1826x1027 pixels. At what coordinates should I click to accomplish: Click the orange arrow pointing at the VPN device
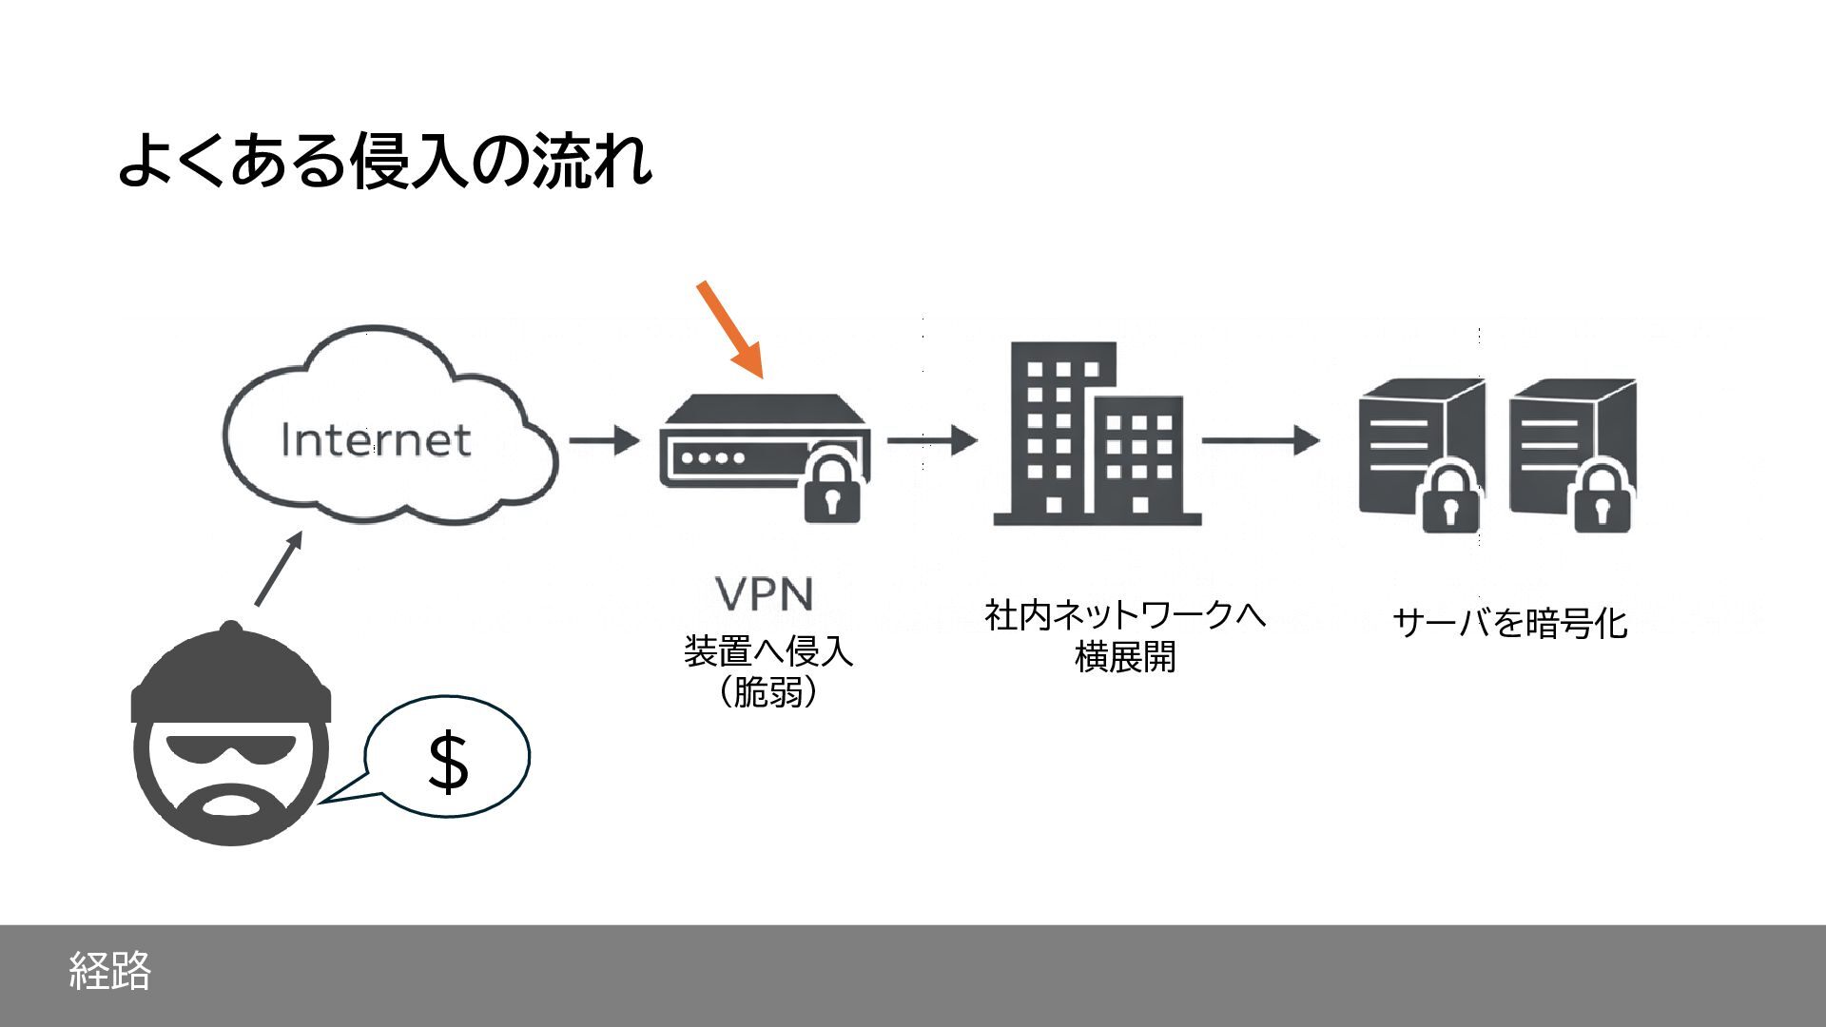(x=730, y=329)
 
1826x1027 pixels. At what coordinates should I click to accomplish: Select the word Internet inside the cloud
(x=376, y=440)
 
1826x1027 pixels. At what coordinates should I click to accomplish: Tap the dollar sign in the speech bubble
(x=448, y=761)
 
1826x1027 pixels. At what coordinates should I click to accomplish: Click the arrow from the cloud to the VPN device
(x=604, y=441)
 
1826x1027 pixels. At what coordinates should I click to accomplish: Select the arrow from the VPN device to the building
(x=931, y=440)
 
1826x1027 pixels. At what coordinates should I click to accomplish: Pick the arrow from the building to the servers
(x=1260, y=440)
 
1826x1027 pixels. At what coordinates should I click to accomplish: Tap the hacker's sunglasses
(x=231, y=751)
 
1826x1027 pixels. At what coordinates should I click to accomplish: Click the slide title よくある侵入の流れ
(x=384, y=160)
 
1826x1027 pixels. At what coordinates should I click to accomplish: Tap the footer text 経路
(x=110, y=970)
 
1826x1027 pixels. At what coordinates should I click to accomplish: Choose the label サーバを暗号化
(x=1510, y=624)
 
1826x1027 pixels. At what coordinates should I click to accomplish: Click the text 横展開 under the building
(x=1125, y=657)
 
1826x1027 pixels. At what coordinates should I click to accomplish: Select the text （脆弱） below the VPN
(x=767, y=692)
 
